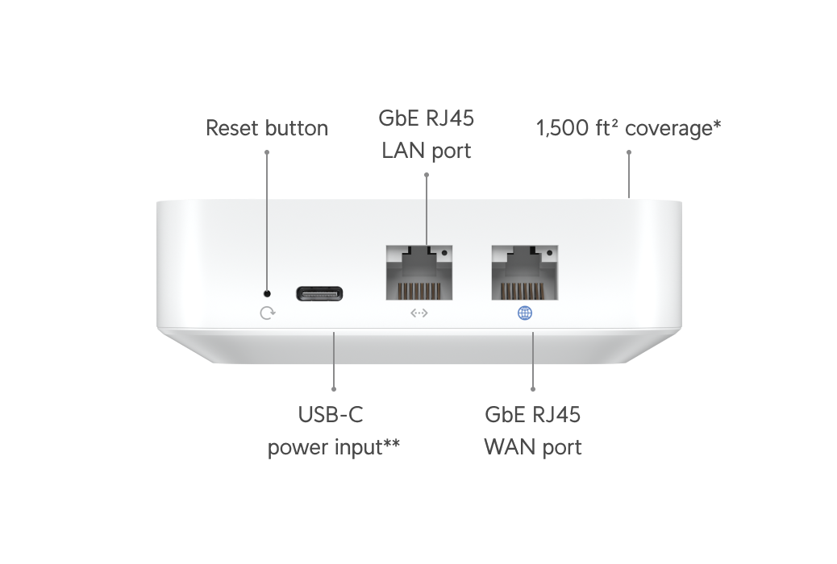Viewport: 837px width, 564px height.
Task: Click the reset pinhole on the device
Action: click(268, 293)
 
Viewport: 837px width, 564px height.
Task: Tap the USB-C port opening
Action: click(319, 293)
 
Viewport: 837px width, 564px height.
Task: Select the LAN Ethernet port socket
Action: click(419, 272)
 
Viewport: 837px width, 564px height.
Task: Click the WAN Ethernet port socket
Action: click(525, 272)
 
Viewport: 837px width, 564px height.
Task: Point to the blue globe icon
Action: click(525, 313)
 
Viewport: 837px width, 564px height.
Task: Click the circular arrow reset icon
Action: click(268, 313)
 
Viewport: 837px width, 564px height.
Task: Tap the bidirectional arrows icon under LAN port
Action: click(419, 313)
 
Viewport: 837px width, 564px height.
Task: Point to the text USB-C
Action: click(331, 415)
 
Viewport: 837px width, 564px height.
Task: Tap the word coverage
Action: click(668, 130)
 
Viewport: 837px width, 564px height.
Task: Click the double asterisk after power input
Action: click(391, 443)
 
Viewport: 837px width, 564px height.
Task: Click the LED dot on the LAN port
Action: click(444, 253)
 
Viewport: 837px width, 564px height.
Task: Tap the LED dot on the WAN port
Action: click(550, 253)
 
